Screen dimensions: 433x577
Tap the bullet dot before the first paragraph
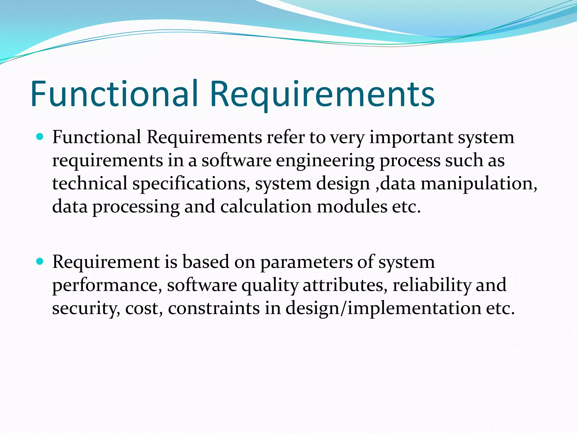click(x=40, y=137)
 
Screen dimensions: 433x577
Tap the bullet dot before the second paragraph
click(x=40, y=262)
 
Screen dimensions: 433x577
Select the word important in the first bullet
click(x=411, y=138)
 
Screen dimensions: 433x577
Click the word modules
click(x=352, y=207)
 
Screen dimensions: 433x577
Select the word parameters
click(x=306, y=262)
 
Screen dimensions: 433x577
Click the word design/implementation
click(x=383, y=308)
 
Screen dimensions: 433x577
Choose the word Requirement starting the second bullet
click(x=106, y=262)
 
